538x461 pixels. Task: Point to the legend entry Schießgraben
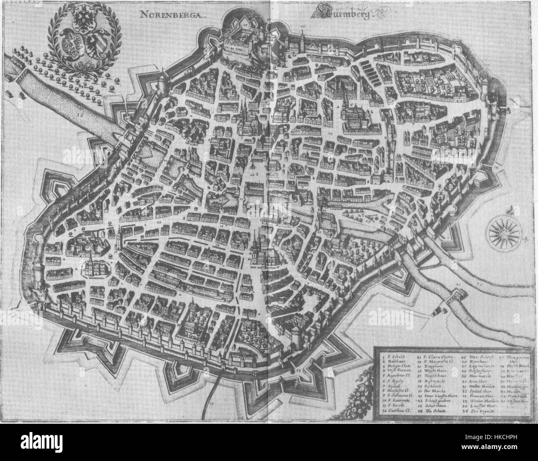coord(438,401)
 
